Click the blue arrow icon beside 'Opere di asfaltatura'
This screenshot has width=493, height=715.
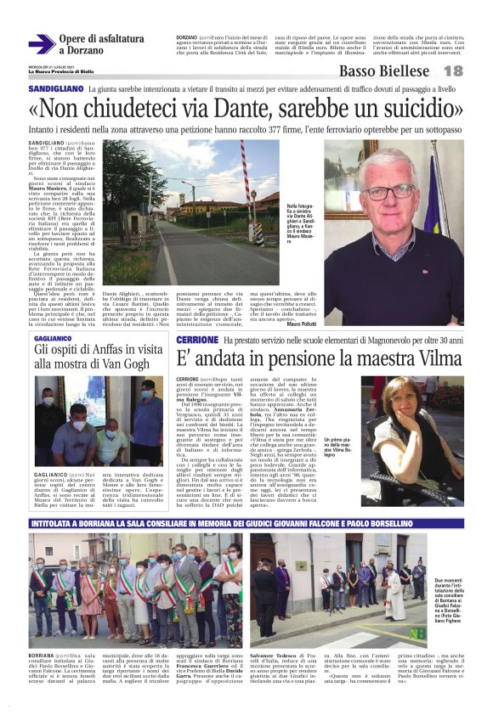coord(40,44)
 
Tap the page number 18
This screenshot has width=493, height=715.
coord(453,71)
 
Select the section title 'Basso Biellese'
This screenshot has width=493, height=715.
coord(383,71)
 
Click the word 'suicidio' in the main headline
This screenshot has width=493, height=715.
coord(403,109)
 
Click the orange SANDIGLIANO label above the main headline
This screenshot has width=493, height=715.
coord(54,88)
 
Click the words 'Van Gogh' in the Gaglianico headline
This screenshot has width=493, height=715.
coord(124,363)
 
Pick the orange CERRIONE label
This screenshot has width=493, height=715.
coord(197,340)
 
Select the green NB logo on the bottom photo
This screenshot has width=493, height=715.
coord(416,633)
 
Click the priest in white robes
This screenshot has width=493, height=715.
coord(394,599)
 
